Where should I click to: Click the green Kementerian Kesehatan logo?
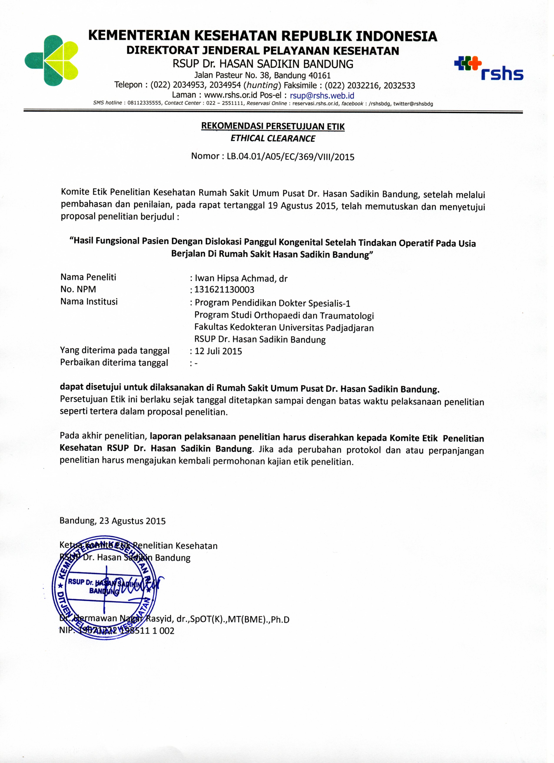(51, 60)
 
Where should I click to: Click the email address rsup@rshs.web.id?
(322, 95)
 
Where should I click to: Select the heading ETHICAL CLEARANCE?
(273, 138)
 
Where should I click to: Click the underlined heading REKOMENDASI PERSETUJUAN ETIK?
(273, 126)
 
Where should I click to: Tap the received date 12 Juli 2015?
(218, 351)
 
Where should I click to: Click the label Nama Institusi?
(89, 301)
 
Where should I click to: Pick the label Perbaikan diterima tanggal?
(114, 363)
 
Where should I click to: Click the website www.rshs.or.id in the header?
(230, 95)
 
